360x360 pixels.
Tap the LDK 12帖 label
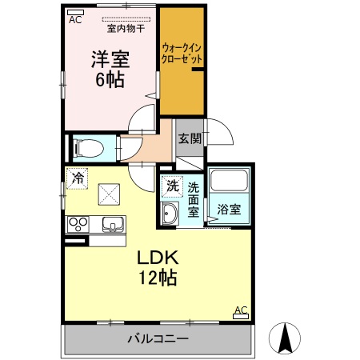(x=156, y=267)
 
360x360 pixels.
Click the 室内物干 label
(x=126, y=29)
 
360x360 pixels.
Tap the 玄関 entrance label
(x=189, y=138)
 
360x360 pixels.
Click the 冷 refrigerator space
(x=78, y=177)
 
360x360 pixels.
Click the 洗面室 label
(x=194, y=200)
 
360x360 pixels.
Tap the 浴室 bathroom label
(x=230, y=210)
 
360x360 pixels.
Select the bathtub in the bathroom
(x=230, y=185)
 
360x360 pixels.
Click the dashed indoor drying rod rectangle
(x=126, y=18)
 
